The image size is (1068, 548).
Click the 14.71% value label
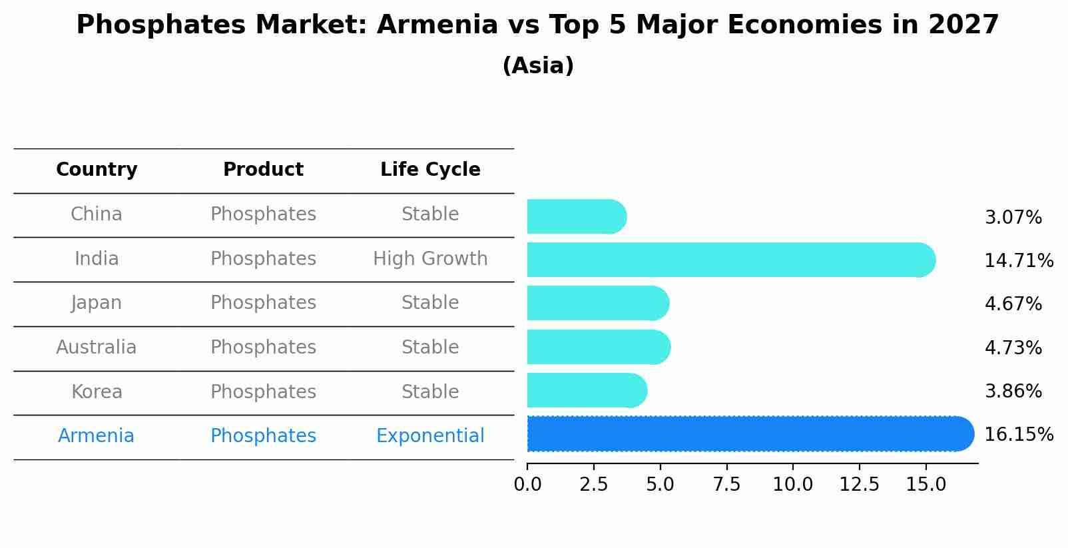click(x=1018, y=260)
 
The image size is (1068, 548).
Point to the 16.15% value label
click(x=1018, y=435)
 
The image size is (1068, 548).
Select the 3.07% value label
click(x=1013, y=218)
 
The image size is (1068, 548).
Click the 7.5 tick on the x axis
click(x=726, y=485)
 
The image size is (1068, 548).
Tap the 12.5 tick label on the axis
click(x=859, y=485)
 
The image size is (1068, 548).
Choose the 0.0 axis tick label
click(x=527, y=485)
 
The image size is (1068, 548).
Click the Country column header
click(x=97, y=170)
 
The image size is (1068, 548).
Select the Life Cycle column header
click(x=430, y=170)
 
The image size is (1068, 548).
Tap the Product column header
click(x=263, y=170)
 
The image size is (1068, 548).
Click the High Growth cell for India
click(x=430, y=259)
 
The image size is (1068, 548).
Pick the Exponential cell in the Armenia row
click(x=430, y=436)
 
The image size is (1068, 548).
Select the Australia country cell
click(x=97, y=348)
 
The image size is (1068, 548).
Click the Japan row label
click(x=97, y=303)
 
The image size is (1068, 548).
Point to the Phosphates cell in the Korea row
click(x=263, y=392)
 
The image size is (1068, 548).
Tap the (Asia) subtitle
click(x=538, y=66)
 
